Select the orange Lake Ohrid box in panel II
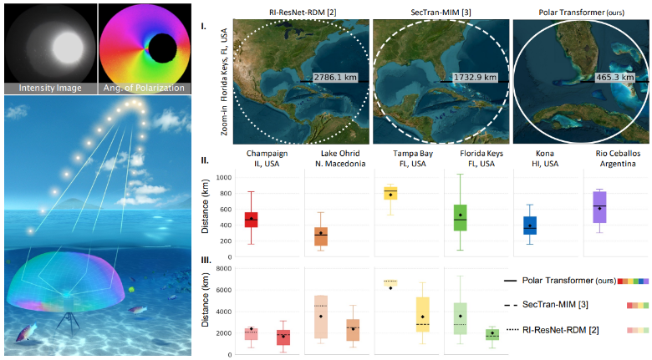point(321,236)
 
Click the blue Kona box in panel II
point(530,226)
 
